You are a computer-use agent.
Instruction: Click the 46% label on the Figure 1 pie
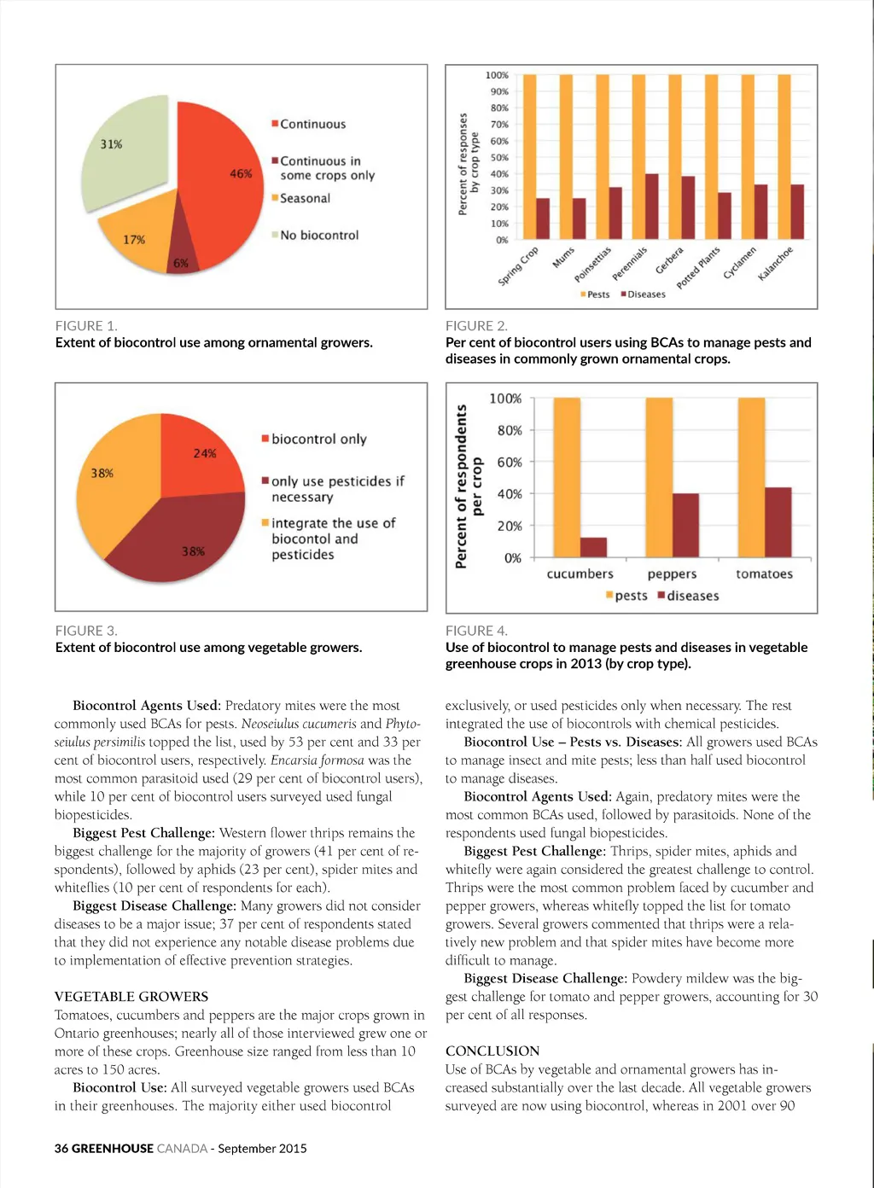coord(241,173)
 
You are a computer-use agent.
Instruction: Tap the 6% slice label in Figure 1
coord(181,263)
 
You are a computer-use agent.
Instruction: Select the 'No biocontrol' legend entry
coord(319,236)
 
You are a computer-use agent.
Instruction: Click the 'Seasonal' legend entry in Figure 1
coord(305,198)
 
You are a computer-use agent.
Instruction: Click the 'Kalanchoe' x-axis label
coord(776,264)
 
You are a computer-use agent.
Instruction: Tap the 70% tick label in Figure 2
coord(499,125)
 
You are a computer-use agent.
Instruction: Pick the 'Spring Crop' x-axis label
coord(518,266)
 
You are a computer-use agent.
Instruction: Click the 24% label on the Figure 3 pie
coord(205,453)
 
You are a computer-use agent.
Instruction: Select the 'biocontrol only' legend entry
coord(318,439)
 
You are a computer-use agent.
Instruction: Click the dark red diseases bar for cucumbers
coord(593,547)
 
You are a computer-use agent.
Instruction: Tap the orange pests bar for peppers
coord(658,478)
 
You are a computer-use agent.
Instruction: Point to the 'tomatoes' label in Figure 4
coord(764,574)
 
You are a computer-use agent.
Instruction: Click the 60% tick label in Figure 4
coord(510,463)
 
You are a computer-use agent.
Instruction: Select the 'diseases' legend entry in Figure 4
coord(692,596)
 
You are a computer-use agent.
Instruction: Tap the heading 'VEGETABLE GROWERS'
coord(131,997)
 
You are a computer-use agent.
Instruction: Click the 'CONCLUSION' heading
coord(492,1051)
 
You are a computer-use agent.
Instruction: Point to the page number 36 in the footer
coord(61,1149)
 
